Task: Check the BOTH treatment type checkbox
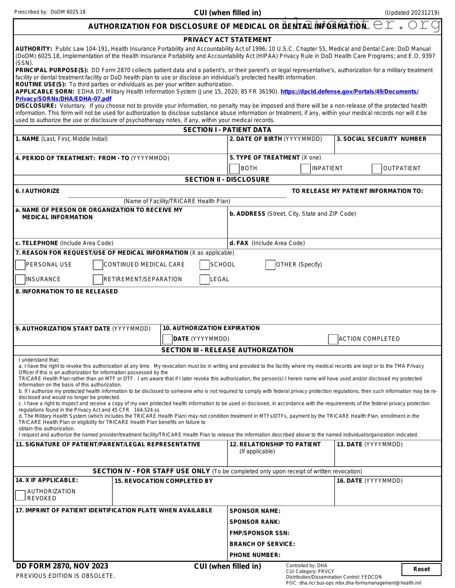click(234, 169)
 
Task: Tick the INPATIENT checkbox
click(305, 169)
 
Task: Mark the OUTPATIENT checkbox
click(377, 169)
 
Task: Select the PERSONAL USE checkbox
click(20, 265)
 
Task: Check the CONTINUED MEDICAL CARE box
click(98, 265)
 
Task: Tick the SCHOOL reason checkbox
click(204, 265)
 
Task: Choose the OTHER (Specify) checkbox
click(270, 265)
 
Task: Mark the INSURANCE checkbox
click(20, 280)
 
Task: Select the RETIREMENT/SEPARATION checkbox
click(98, 280)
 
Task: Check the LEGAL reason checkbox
click(204, 280)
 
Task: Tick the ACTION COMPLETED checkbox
click(333, 339)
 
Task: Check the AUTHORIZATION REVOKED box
click(20, 495)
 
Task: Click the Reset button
click(421, 569)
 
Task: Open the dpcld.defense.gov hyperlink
click(349, 92)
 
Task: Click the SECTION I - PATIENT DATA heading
click(227, 130)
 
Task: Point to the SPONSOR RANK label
click(255, 522)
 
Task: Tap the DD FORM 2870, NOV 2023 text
click(62, 566)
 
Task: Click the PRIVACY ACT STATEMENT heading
click(227, 40)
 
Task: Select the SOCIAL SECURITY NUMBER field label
click(381, 139)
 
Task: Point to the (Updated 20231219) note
click(412, 13)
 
